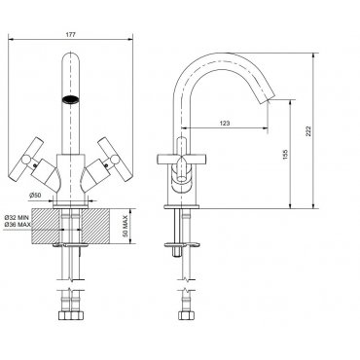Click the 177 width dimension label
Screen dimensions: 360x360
point(70,35)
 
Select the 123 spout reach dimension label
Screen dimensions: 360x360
point(225,124)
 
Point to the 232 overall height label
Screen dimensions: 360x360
point(308,130)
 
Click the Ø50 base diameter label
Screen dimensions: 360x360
point(35,195)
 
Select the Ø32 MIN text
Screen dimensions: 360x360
point(17,218)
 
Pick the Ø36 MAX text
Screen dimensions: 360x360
point(18,224)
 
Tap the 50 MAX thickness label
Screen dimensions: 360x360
point(126,226)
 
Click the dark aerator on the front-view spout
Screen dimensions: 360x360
point(70,99)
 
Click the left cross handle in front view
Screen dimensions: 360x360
point(26,159)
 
